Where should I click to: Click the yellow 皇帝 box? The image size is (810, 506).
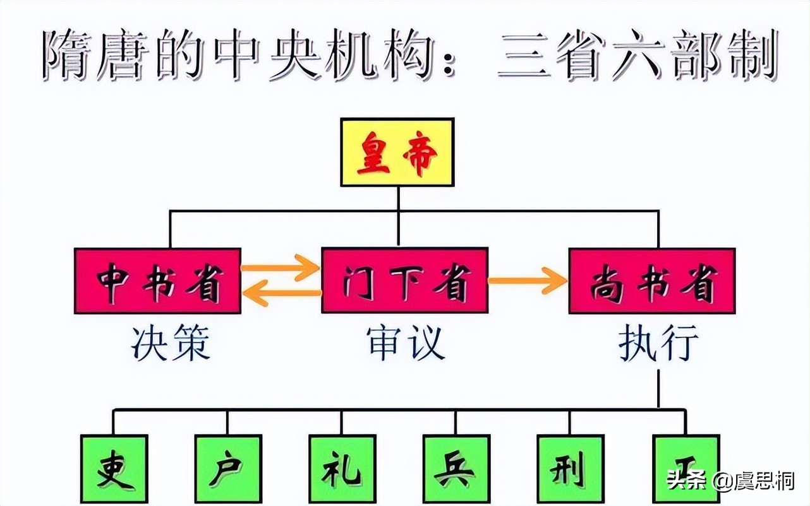[x=397, y=152]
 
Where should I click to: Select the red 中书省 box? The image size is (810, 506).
[x=157, y=281]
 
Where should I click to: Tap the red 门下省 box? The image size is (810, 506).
[x=404, y=281]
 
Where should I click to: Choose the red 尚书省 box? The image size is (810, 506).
[x=651, y=281]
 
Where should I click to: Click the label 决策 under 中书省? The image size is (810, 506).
[x=170, y=344]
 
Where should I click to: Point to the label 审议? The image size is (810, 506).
[x=406, y=344]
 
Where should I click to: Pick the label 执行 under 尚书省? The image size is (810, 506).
[x=658, y=344]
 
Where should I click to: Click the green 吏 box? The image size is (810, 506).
[x=114, y=469]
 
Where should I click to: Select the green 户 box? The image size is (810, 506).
[x=228, y=469]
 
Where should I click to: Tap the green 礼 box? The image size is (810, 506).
[x=342, y=469]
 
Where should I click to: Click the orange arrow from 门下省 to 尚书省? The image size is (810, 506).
[x=528, y=281]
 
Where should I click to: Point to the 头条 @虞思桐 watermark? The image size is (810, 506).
[x=730, y=481]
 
